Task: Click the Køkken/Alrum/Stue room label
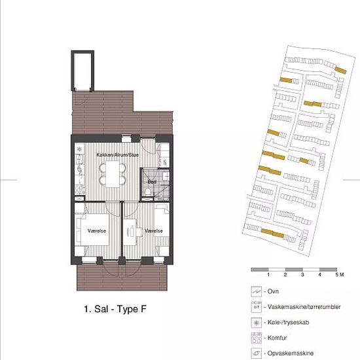click(x=118, y=155)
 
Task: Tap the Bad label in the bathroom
click(x=152, y=182)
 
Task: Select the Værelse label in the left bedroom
click(x=97, y=231)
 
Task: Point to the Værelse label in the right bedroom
click(x=154, y=231)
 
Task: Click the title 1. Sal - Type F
click(x=115, y=309)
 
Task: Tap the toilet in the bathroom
click(x=148, y=192)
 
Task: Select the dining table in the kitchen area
click(x=113, y=174)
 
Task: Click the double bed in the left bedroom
click(x=94, y=230)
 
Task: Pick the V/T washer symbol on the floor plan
click(x=164, y=162)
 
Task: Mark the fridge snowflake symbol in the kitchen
click(x=79, y=149)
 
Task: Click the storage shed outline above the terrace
click(x=82, y=71)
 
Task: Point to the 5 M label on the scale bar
click(x=340, y=275)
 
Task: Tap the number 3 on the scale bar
click(x=302, y=275)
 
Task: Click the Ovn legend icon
click(x=256, y=291)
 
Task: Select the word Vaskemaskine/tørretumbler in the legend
click(x=304, y=307)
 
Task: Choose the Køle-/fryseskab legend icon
click(x=256, y=323)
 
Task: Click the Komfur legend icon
click(x=256, y=338)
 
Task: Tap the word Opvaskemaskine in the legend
click(x=291, y=353)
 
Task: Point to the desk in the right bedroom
click(x=130, y=232)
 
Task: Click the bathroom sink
click(x=166, y=176)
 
